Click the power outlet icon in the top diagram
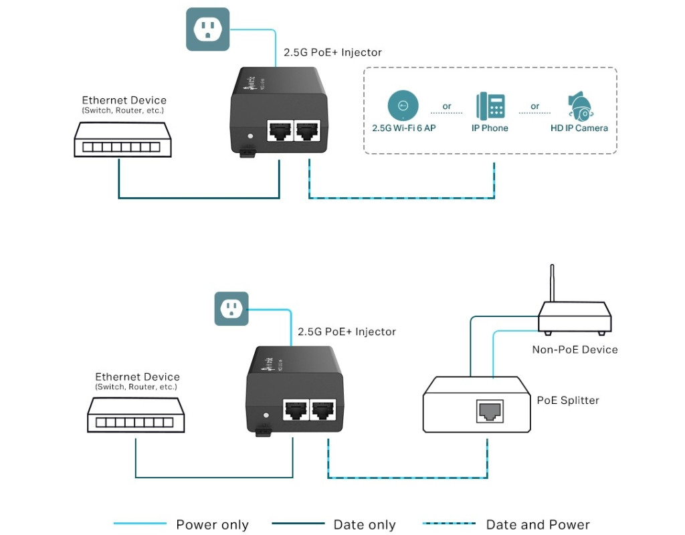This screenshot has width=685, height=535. tap(207, 29)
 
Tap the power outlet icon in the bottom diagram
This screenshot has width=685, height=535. tap(231, 308)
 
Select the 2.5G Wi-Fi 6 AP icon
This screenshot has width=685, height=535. tap(403, 106)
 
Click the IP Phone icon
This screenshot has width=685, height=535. tap(490, 106)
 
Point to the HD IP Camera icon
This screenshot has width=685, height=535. tap(579, 106)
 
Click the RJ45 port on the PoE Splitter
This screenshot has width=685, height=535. tap(490, 411)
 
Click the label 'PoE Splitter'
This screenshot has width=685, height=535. tap(568, 401)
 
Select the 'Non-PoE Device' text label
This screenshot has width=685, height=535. tap(575, 349)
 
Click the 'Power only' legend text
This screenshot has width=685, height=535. tap(212, 525)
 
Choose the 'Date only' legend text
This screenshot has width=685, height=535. tap(365, 525)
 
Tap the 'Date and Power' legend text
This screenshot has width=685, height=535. tap(538, 525)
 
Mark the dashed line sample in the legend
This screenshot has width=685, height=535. tap(450, 524)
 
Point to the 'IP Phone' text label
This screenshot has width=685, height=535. tap(490, 128)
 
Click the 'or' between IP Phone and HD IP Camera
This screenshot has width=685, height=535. tap(535, 106)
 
